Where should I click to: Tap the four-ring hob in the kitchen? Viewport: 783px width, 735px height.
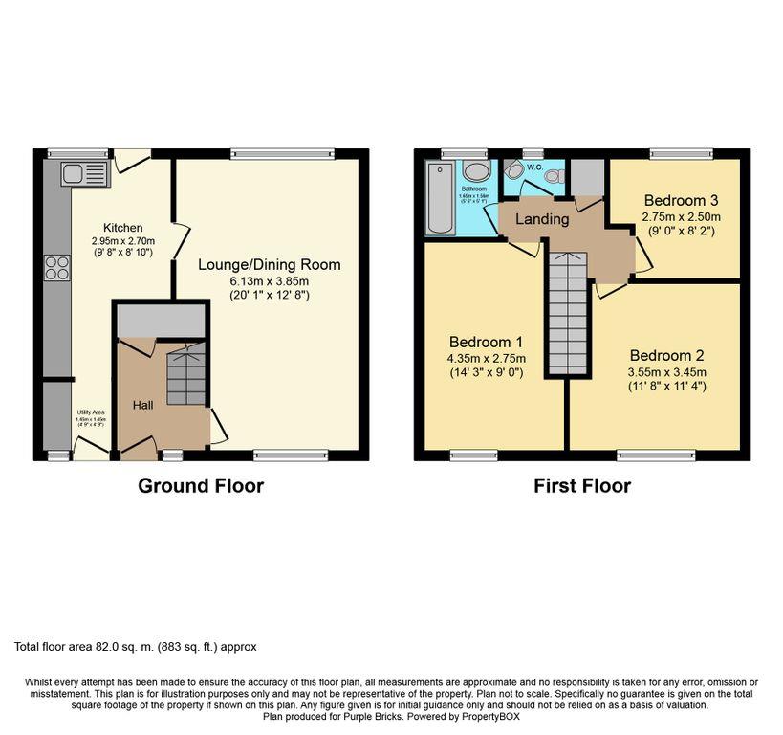click(x=56, y=268)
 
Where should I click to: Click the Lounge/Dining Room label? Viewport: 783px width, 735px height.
click(x=269, y=264)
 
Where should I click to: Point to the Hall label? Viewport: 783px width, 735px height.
click(x=142, y=406)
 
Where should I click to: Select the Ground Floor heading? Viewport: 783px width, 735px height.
click(x=201, y=485)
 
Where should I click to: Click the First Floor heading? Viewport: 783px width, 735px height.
click(x=581, y=485)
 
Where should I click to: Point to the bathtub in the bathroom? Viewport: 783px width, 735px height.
click(x=441, y=199)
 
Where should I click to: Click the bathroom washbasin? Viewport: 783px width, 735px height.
click(x=475, y=171)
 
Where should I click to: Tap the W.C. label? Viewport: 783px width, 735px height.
click(x=533, y=161)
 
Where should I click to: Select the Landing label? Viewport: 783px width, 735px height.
click(x=542, y=219)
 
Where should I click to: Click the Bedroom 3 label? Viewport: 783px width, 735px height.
click(x=681, y=201)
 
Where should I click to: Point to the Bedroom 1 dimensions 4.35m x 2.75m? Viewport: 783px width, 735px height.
click(x=488, y=359)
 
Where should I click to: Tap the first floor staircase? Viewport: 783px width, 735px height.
click(x=566, y=312)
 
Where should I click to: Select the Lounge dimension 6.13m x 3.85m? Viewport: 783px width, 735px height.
click(x=269, y=281)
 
